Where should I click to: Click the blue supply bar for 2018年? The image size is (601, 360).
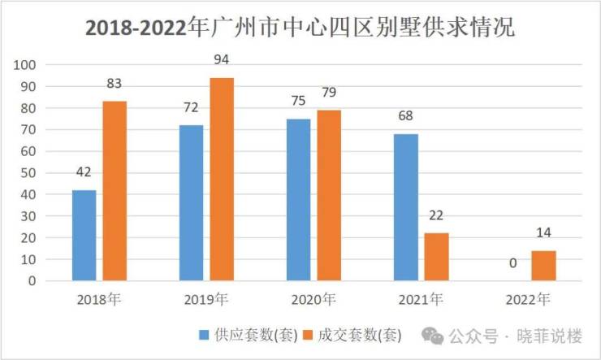(84, 236)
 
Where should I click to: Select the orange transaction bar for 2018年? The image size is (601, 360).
(114, 191)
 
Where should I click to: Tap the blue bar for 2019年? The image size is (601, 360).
(191, 203)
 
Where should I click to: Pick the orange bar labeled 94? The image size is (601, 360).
(222, 179)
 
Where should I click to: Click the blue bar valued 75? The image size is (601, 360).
(298, 200)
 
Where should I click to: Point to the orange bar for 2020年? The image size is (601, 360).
(329, 195)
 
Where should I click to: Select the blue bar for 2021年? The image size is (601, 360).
(406, 207)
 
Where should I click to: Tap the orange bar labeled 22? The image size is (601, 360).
(436, 257)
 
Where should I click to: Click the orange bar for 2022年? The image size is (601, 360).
(543, 266)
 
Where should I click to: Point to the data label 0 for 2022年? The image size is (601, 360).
(513, 263)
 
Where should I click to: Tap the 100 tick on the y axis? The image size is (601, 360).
(24, 65)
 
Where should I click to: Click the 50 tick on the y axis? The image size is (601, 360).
(28, 173)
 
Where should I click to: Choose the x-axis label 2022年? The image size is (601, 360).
(528, 300)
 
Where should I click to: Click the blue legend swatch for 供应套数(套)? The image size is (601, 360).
(204, 334)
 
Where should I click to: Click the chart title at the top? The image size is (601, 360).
(300, 28)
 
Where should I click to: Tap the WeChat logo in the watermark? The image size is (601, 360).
(436, 334)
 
